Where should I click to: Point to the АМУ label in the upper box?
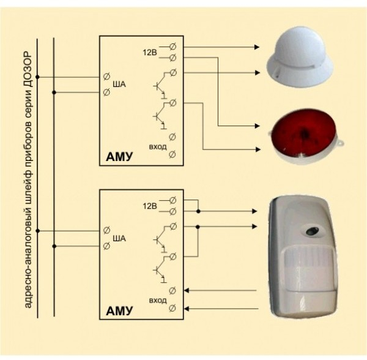coord(119,158)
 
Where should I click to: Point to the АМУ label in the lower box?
coord(119,310)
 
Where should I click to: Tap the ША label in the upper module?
coord(120,85)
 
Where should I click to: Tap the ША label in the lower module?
coord(120,238)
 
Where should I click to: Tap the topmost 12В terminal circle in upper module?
coord(172,47)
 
